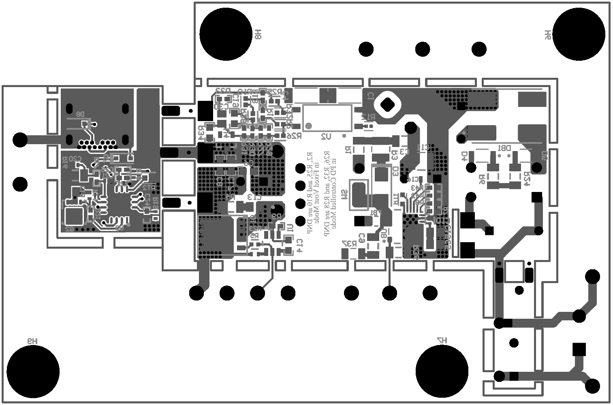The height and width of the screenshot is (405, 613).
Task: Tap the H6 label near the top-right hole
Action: tap(547, 35)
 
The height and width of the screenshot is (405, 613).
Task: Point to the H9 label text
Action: tap(32, 341)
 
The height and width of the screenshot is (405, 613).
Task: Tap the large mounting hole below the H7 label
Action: tap(442, 371)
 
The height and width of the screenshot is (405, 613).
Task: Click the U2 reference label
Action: tap(326, 137)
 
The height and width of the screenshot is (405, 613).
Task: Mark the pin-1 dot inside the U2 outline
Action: tap(309, 126)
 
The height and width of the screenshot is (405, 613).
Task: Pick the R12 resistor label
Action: tap(368, 117)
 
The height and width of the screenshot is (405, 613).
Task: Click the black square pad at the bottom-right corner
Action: tap(579, 349)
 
